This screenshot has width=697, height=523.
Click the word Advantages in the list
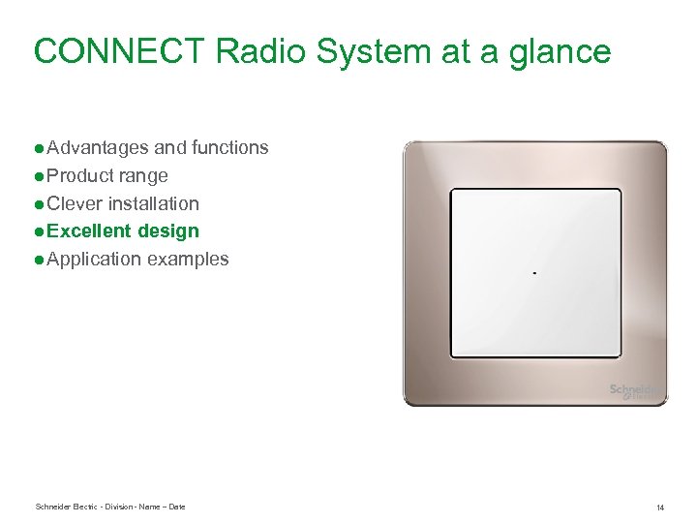click(x=98, y=148)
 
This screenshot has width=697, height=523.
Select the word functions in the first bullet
click(x=229, y=148)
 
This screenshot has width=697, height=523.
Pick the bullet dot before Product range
click(x=38, y=176)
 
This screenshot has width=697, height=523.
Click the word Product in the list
click(x=79, y=176)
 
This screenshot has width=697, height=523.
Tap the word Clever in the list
click(x=75, y=204)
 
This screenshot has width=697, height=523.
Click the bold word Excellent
click(x=89, y=231)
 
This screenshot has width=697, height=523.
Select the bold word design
click(x=168, y=231)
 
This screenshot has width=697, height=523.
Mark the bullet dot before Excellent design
click(x=38, y=231)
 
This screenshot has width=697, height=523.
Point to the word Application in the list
click(x=94, y=260)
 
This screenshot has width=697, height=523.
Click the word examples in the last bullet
click(x=188, y=260)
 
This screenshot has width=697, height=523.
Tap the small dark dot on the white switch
click(x=534, y=273)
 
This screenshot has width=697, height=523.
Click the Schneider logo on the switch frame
click(x=635, y=391)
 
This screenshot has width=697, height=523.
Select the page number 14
click(x=659, y=508)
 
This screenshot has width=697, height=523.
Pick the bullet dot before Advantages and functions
click(x=38, y=148)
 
